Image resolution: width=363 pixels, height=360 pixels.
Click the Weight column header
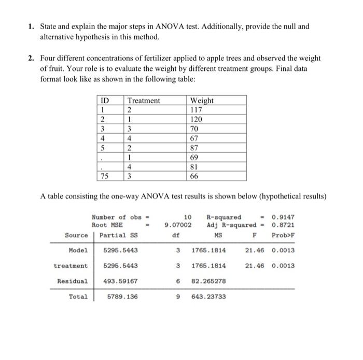pos(202,100)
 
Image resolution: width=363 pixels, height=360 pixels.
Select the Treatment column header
pos(144,100)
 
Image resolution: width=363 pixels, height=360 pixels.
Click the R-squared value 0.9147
pos(283,217)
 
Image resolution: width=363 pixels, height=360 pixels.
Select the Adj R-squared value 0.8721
pos(283,225)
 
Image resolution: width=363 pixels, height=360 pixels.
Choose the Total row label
pos(78,297)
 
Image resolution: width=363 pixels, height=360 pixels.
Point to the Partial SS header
pos(118,235)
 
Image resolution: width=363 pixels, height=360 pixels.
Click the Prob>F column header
pos(283,235)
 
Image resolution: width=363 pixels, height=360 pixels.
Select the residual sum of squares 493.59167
pos(120,281)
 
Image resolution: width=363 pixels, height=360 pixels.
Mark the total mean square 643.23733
pos(209,297)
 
